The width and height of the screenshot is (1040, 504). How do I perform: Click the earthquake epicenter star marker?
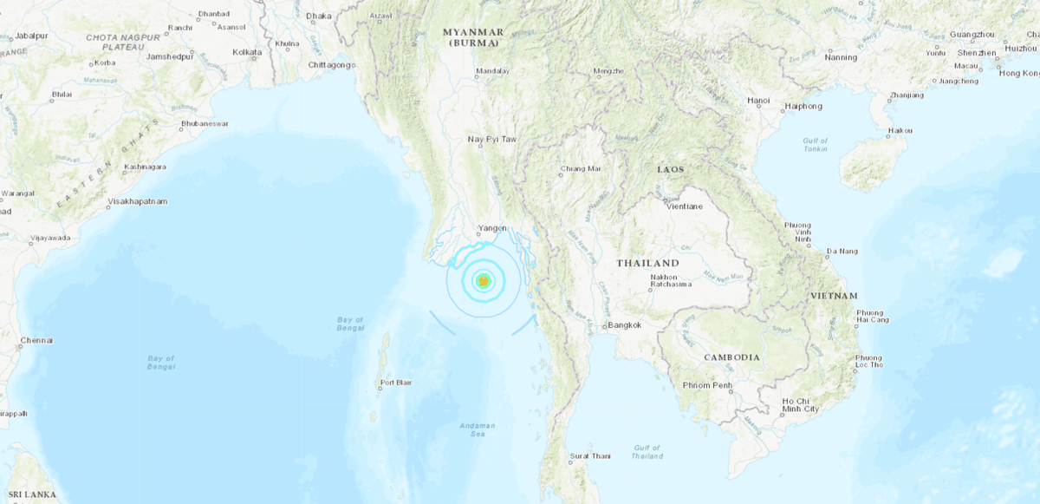click(x=484, y=280)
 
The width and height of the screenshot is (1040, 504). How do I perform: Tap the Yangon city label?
click(x=493, y=229)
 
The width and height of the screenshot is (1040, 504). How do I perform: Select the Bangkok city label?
click(x=625, y=325)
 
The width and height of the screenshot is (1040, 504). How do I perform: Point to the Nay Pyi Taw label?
click(x=491, y=139)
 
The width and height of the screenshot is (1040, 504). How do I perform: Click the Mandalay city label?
click(x=492, y=71)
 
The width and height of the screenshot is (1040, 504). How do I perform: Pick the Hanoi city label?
click(x=758, y=101)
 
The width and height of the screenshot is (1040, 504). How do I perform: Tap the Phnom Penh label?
click(x=708, y=385)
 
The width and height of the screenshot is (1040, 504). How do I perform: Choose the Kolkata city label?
click(x=247, y=53)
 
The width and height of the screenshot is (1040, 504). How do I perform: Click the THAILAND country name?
click(x=647, y=263)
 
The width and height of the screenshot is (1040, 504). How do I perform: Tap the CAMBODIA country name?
click(x=731, y=357)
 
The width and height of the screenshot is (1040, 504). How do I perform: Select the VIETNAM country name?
click(x=834, y=296)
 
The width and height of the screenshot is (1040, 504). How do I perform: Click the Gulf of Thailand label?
click(x=647, y=451)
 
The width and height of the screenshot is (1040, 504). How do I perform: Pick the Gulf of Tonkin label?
click(x=815, y=145)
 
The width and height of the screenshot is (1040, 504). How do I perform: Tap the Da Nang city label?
click(x=842, y=252)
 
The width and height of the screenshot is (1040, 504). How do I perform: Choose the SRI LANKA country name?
click(x=28, y=494)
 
